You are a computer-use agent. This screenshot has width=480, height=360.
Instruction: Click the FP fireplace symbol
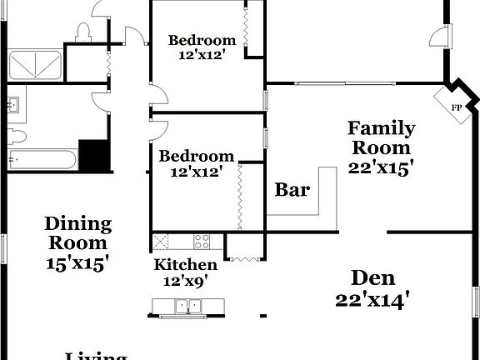(x=456, y=107)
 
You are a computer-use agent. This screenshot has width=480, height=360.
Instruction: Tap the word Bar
(x=292, y=190)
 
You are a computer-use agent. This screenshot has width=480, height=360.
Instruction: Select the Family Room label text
(x=381, y=138)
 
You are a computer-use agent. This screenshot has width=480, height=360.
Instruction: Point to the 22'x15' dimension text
(x=381, y=166)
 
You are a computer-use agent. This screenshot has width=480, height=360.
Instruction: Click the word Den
(x=372, y=277)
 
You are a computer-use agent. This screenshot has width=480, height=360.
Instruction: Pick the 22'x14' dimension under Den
(x=372, y=300)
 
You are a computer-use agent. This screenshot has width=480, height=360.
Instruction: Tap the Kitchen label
(x=186, y=265)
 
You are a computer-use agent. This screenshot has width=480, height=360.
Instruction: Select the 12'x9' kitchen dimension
(x=186, y=282)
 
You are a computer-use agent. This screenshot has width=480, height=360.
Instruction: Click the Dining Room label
(x=77, y=233)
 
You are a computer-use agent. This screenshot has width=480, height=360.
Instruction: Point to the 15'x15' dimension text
(x=77, y=262)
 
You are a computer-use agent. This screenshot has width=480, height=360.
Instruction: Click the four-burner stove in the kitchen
(x=202, y=242)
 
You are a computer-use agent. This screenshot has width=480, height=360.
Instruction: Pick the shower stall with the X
(x=35, y=66)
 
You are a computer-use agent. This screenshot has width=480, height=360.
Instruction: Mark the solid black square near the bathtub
(x=95, y=156)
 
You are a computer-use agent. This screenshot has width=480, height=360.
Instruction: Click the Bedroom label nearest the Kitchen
(x=197, y=156)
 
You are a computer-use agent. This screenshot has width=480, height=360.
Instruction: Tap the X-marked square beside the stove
(x=161, y=242)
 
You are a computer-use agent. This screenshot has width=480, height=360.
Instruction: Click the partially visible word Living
(x=96, y=356)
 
